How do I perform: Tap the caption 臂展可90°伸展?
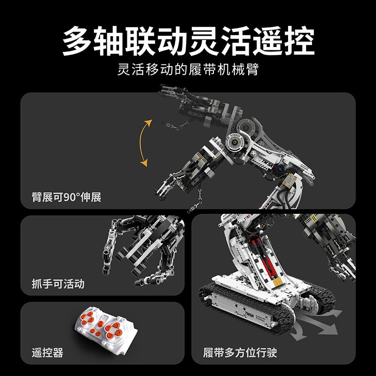coord(67,196)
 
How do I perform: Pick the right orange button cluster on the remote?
coord(113,329)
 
